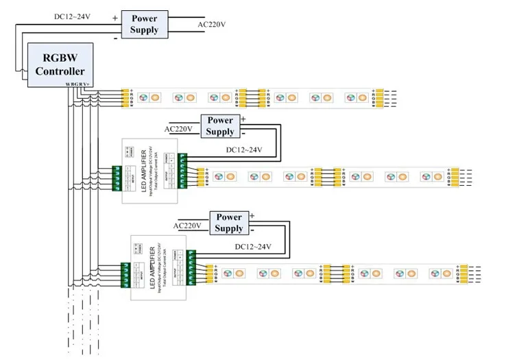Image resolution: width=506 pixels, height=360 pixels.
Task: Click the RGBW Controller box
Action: coord(60,64)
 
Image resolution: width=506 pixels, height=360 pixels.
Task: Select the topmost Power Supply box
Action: coord(144,24)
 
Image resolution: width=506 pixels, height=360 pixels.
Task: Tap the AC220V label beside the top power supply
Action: coord(211,25)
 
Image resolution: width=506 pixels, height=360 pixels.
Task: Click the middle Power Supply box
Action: coord(220,125)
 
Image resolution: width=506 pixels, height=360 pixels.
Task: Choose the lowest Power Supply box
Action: coord(229,223)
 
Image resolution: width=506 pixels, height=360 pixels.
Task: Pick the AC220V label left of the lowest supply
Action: coord(187,225)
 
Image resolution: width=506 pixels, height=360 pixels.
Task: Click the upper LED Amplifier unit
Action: coord(149,171)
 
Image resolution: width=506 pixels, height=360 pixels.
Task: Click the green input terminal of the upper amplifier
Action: coord(117,178)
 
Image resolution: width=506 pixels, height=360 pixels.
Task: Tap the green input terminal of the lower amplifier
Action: coord(126,275)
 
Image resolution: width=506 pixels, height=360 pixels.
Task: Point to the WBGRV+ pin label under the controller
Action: coord(77,84)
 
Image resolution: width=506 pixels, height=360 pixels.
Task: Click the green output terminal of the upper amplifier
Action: coord(182,170)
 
